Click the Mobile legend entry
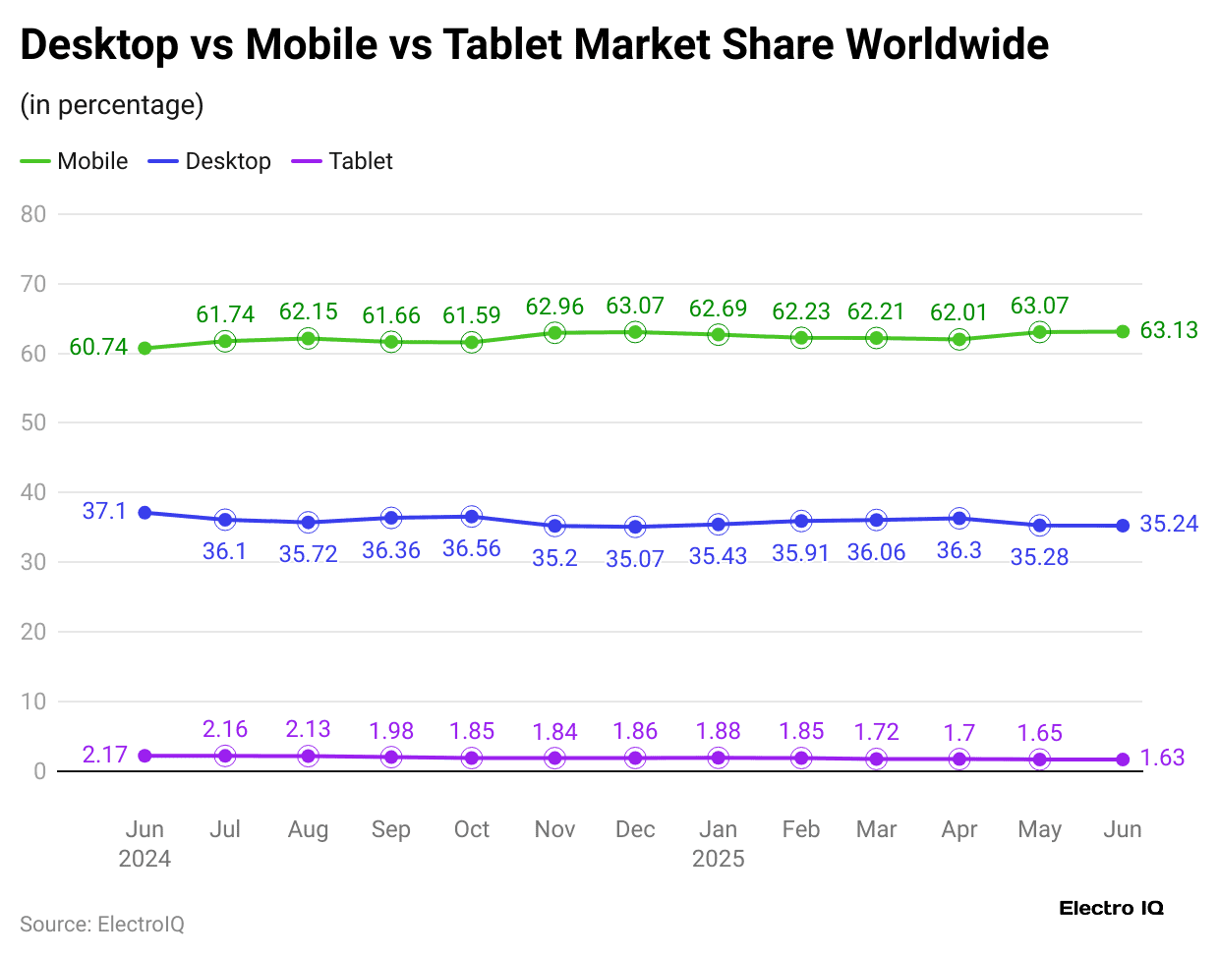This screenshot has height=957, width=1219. click(76, 161)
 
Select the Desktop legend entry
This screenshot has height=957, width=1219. click(210, 161)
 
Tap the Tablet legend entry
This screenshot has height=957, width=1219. click(343, 161)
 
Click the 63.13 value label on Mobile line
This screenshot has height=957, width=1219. click(1168, 330)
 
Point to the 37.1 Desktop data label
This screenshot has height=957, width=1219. click(104, 511)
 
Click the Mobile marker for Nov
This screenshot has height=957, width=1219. click(554, 333)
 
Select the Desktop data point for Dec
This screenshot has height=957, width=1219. click(635, 527)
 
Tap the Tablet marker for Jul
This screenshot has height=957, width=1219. click(225, 756)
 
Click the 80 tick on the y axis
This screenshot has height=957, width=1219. click(33, 214)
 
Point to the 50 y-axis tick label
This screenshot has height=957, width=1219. click(33, 422)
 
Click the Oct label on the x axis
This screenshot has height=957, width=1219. click(472, 829)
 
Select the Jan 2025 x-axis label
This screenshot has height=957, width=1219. click(718, 844)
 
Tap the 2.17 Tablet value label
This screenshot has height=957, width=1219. click(104, 755)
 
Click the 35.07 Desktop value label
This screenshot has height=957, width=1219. click(635, 559)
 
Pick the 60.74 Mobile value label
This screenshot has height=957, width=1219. click(98, 348)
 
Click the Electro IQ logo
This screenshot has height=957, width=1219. click(1111, 908)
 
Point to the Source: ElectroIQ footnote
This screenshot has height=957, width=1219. click(102, 925)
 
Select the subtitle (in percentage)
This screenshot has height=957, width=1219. click(112, 104)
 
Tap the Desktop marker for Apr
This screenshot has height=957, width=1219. click(958, 519)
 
